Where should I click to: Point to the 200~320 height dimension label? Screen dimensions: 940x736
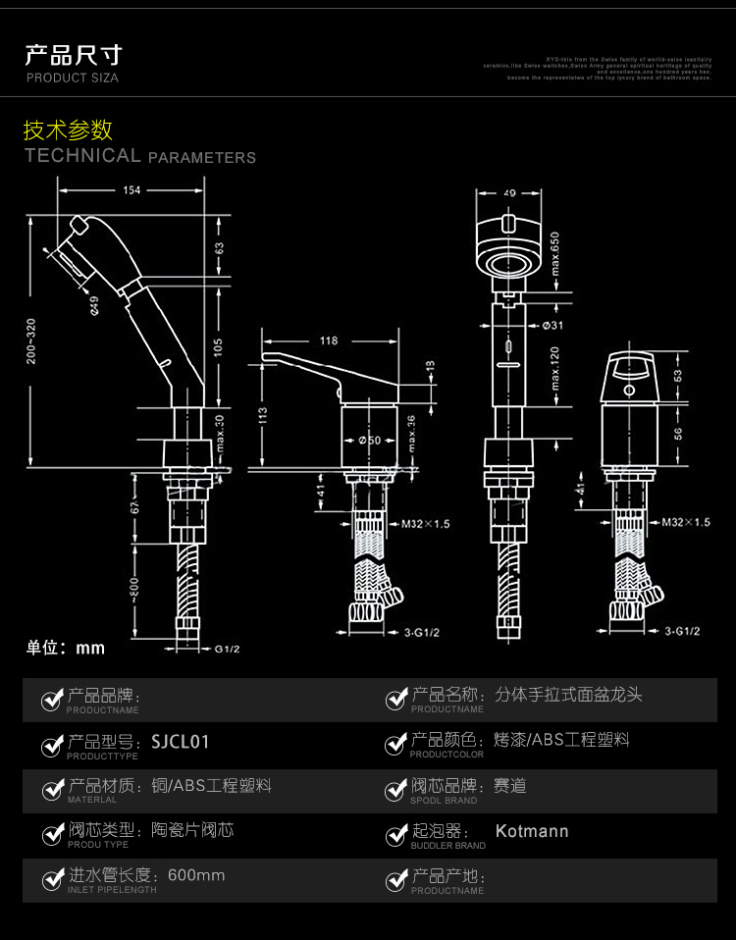click(x=31, y=340)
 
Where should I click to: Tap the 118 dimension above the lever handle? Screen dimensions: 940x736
click(x=328, y=341)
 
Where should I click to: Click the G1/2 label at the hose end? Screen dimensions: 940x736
click(x=228, y=649)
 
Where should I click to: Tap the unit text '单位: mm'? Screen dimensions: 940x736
click(x=65, y=648)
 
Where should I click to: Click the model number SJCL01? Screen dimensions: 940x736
click(x=180, y=742)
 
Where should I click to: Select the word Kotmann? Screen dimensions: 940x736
click(x=532, y=832)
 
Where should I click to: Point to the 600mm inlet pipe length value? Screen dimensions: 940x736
click(x=196, y=875)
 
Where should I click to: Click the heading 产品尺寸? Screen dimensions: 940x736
click(x=74, y=55)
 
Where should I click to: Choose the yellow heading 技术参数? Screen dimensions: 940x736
click(x=68, y=131)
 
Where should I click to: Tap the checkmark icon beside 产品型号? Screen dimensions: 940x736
click(x=52, y=747)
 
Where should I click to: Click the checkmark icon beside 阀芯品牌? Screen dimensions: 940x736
click(x=396, y=791)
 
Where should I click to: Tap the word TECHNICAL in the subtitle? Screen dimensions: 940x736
click(x=82, y=155)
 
